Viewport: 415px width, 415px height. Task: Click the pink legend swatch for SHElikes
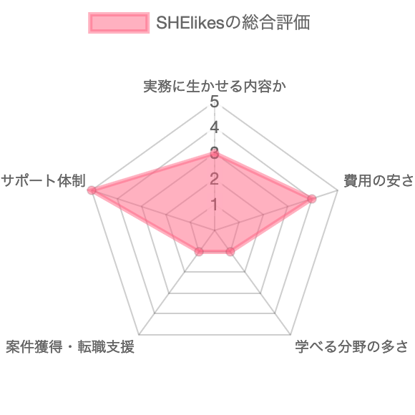tap(119, 23)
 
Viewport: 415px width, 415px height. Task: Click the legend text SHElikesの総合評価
tap(233, 22)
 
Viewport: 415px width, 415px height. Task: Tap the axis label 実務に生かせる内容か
tap(215, 87)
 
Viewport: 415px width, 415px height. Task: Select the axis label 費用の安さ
tap(379, 181)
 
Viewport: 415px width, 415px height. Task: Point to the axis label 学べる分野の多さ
tap(351, 346)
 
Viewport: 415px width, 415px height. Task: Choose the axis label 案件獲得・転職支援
tap(70, 346)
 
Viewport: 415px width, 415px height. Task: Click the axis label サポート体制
tap(44, 181)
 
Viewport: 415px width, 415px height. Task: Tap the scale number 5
tap(215, 102)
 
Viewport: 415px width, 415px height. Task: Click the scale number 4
tap(215, 127)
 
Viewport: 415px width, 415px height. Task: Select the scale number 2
tap(215, 179)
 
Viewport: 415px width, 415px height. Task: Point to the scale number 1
tap(215, 205)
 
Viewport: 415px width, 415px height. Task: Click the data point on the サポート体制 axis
tap(92, 190)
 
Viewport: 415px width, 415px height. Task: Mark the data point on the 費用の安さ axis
tap(312, 198)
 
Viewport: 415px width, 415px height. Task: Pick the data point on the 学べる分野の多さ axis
tap(230, 251)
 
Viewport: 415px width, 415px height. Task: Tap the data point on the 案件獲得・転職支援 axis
tap(200, 251)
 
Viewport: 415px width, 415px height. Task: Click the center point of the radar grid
tap(215, 230)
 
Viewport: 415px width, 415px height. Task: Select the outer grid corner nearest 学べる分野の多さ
tap(290, 335)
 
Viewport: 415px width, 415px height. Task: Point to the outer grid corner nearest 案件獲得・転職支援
tap(139, 335)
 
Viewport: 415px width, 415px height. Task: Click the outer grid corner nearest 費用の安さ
tap(338, 190)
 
